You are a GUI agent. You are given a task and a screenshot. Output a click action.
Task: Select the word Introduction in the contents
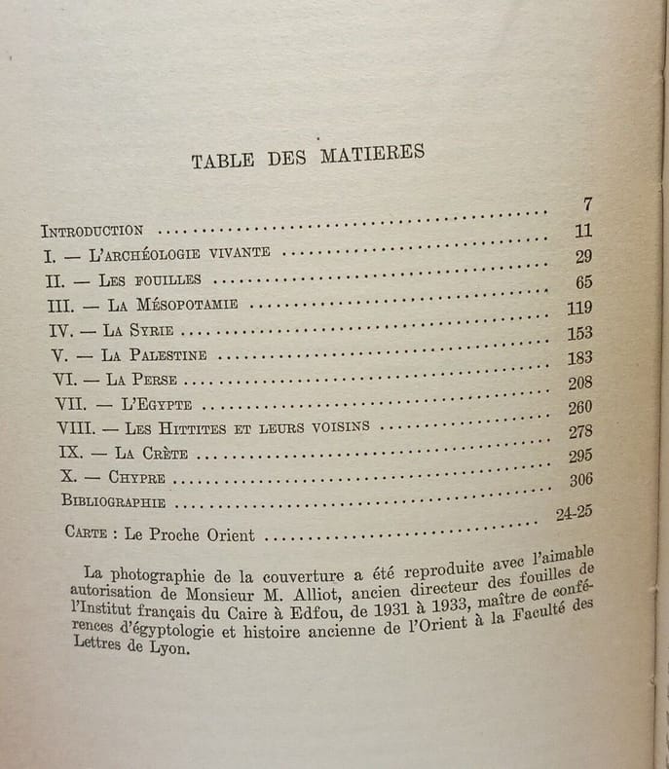(93, 231)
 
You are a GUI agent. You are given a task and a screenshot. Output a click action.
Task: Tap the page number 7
(587, 204)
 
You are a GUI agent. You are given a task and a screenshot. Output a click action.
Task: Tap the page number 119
(578, 309)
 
